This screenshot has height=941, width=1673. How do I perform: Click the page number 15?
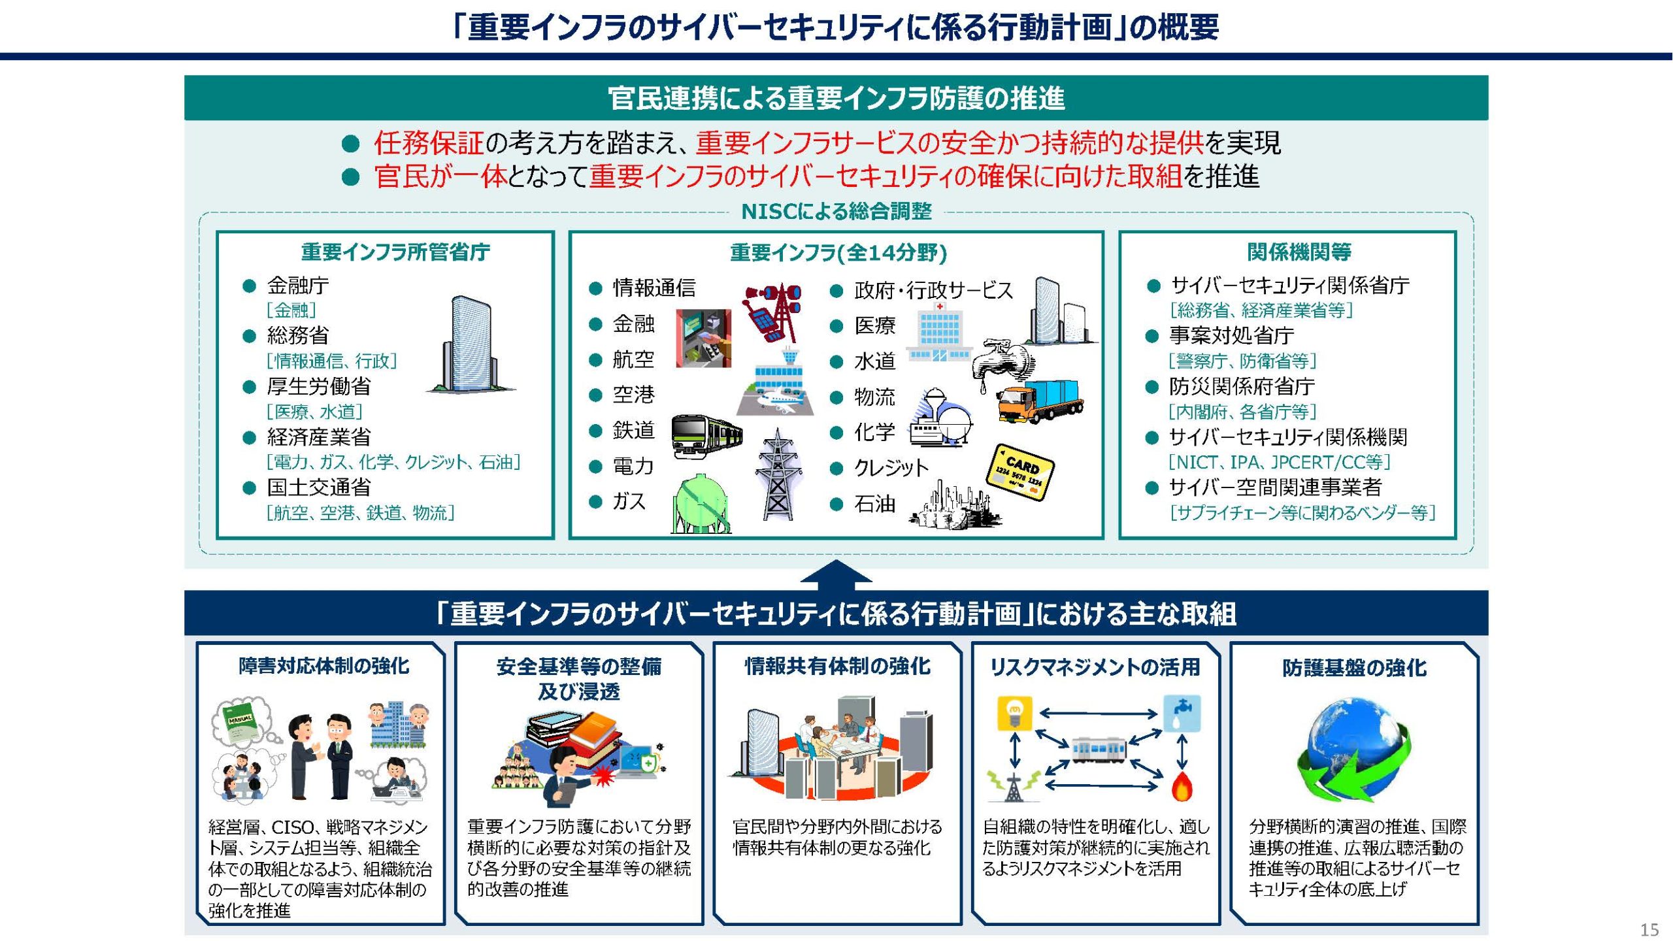point(1649,929)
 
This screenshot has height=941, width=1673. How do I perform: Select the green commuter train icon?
point(707,435)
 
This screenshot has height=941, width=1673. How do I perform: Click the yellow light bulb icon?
point(1014,713)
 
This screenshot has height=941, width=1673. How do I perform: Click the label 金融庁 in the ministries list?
point(297,286)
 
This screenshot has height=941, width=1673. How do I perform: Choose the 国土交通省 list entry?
point(318,487)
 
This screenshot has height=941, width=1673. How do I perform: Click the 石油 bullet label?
point(874,504)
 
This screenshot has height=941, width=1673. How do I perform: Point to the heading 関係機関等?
point(1299,252)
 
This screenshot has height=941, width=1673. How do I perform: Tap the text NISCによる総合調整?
point(836,211)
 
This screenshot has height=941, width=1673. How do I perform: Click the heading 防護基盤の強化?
point(1354,667)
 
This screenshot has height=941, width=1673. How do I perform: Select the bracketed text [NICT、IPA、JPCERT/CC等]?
point(1279,462)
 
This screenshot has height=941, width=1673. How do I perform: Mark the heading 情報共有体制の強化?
point(837,666)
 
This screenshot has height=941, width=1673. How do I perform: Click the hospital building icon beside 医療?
point(939,331)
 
